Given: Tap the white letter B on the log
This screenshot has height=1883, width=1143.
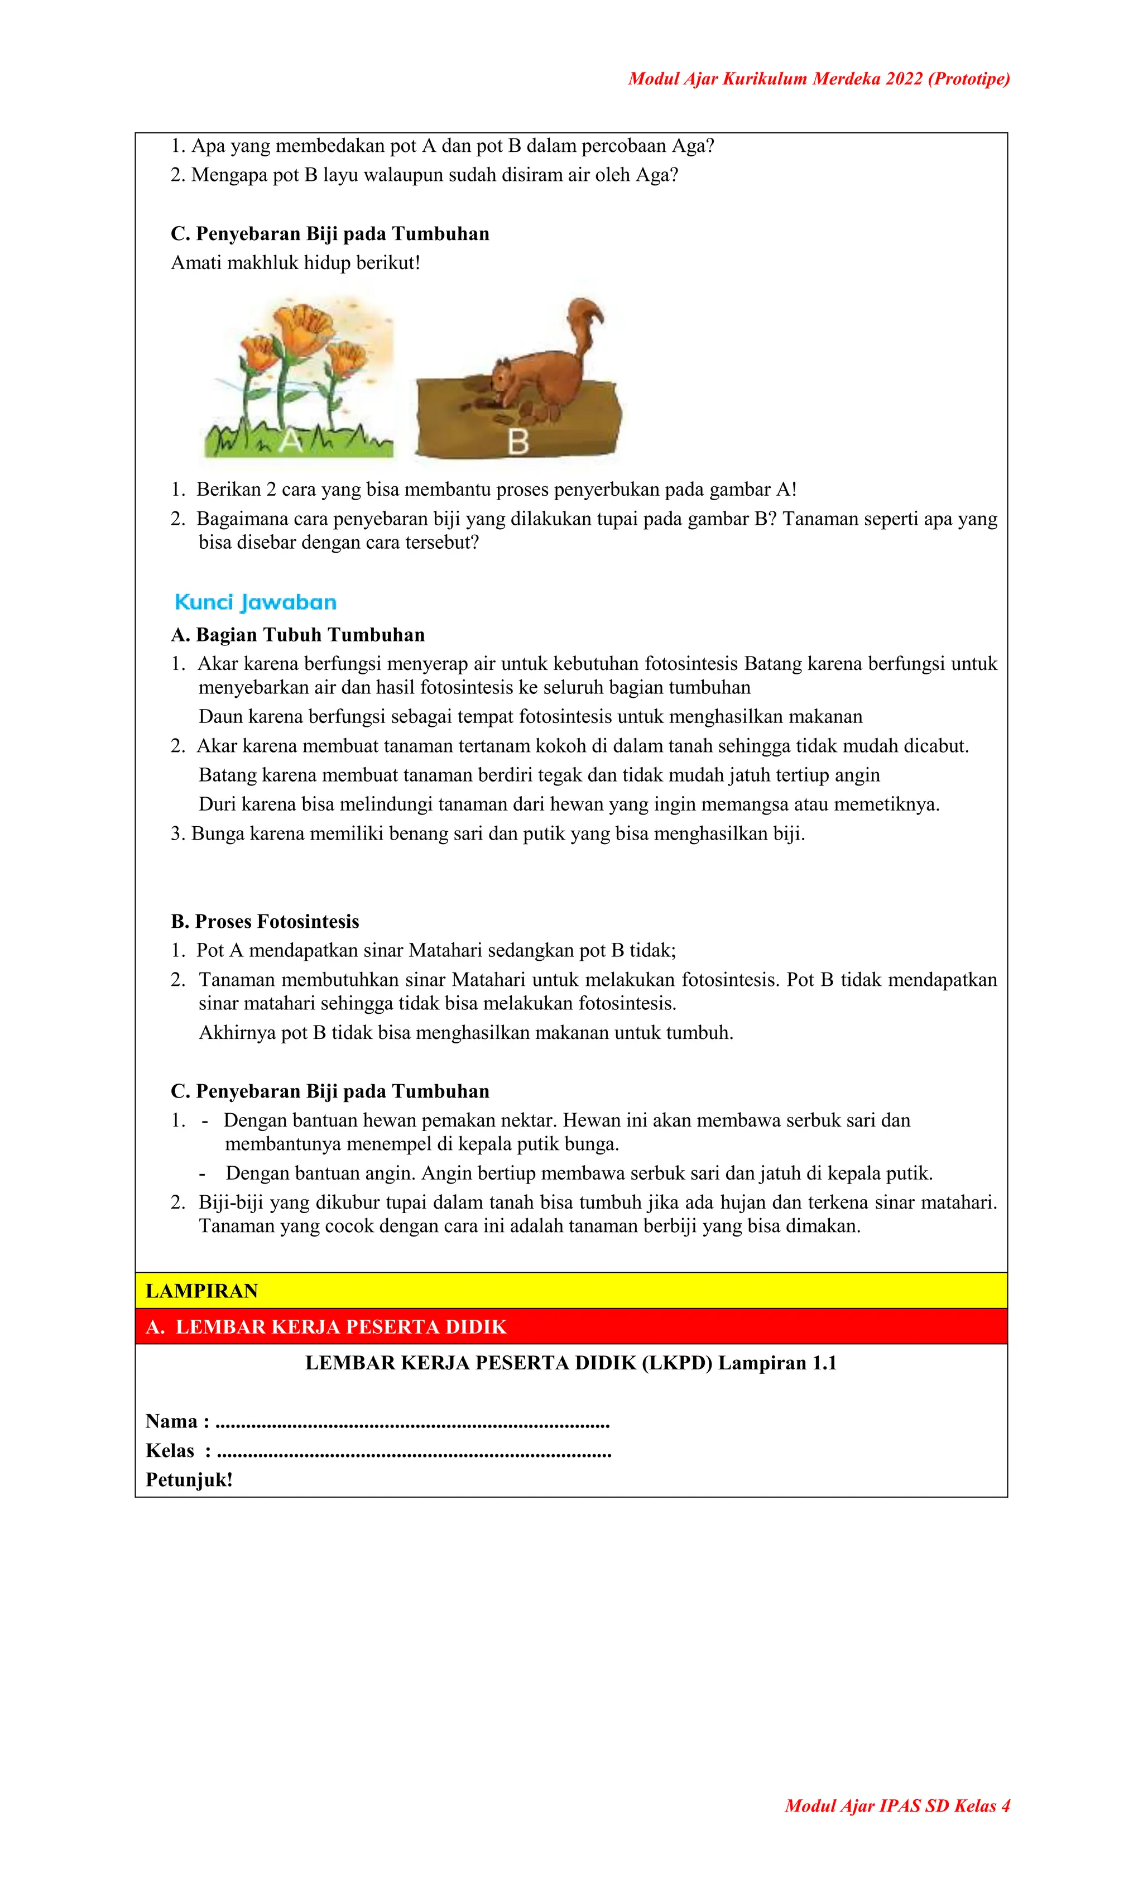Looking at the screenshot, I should [518, 441].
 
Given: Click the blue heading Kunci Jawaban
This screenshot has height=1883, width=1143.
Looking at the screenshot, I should [255, 602].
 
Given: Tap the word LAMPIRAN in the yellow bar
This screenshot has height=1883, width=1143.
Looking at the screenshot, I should [201, 1291].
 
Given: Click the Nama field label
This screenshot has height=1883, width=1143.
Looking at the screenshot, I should [172, 1421].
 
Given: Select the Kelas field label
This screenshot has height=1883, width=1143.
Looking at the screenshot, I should [170, 1450].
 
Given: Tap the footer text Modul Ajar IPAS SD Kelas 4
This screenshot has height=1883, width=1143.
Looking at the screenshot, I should [897, 1806].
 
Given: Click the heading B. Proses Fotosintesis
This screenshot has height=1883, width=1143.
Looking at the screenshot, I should [265, 921].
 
